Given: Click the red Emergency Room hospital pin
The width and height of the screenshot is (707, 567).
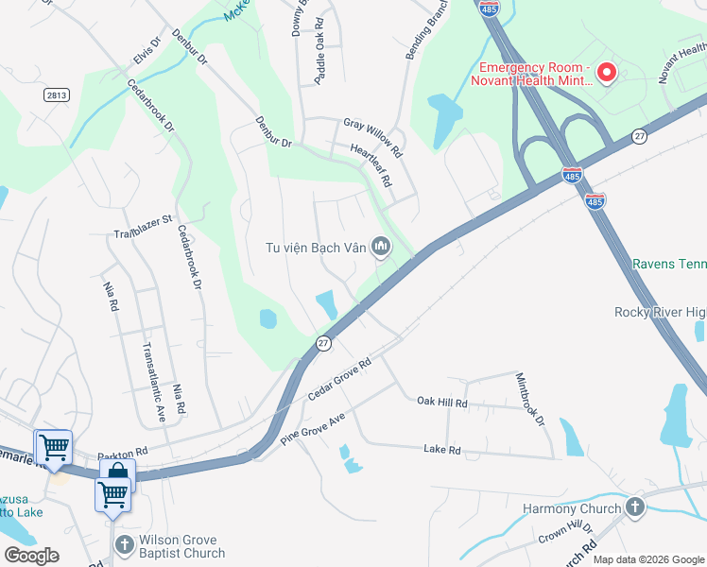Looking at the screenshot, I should [607, 72].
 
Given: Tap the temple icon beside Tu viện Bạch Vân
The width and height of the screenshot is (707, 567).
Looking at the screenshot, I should [381, 248].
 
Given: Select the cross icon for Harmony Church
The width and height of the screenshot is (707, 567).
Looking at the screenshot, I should [634, 508].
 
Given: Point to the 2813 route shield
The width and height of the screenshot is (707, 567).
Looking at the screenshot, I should [57, 95].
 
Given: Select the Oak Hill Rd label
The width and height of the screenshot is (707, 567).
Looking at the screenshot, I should [442, 403].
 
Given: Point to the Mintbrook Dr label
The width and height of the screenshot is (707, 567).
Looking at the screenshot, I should [530, 398].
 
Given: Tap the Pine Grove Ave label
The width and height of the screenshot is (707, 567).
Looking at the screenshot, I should [313, 429].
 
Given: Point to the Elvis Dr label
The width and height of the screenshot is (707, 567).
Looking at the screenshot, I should [144, 56].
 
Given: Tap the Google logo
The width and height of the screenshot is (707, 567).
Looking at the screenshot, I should [31, 555].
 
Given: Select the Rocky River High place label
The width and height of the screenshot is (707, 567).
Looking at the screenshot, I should [660, 312].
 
